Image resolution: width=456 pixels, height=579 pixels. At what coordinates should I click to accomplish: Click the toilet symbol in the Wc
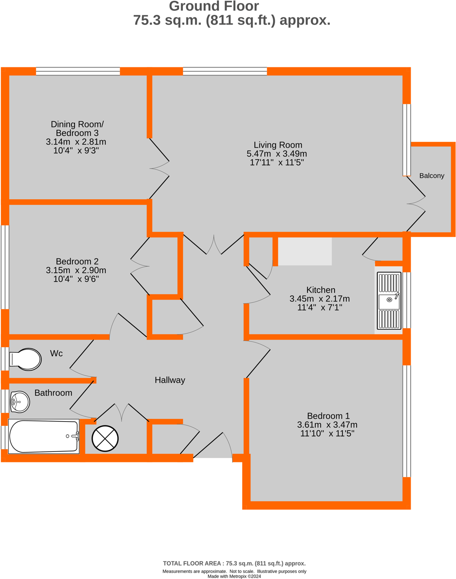(26, 359)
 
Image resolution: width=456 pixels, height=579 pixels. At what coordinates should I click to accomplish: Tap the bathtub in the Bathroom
(44, 436)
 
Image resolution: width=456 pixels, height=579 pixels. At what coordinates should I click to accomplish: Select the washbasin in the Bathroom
(20, 402)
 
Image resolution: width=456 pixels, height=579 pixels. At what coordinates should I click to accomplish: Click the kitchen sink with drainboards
(388, 301)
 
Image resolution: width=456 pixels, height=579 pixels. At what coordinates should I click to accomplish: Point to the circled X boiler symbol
(105, 438)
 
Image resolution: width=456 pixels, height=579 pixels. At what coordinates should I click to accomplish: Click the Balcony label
(432, 176)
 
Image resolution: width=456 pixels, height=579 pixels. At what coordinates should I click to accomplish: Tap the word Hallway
(170, 380)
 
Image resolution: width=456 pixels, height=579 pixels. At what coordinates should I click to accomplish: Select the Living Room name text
(278, 145)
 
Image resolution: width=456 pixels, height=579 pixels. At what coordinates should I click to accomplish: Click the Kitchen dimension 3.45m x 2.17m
(320, 299)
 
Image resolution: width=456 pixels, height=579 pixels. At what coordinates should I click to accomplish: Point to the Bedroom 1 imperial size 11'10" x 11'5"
(327, 433)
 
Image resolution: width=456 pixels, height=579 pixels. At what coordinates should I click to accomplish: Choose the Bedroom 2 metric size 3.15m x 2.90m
(76, 270)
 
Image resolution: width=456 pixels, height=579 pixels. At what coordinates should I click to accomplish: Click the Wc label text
(56, 353)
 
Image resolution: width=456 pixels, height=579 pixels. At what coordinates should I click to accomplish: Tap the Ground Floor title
(214, 7)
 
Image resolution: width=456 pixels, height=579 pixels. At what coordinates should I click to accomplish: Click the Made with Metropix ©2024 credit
(234, 576)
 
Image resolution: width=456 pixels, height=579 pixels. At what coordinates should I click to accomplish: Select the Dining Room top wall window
(78, 71)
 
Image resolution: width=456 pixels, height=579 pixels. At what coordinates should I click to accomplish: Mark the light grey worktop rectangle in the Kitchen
(305, 251)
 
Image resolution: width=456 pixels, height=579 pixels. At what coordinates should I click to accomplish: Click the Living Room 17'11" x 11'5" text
(277, 162)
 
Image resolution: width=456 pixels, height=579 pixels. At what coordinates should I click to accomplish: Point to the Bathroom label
(53, 393)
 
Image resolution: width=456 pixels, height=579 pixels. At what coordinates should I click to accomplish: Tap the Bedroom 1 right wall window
(406, 421)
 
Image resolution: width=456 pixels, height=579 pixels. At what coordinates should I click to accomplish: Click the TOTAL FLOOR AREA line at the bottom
(234, 563)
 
